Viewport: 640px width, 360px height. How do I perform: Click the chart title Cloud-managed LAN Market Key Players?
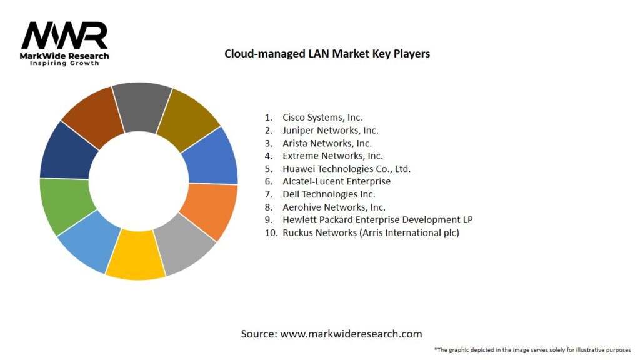pos(327,54)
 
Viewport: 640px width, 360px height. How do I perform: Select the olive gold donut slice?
pos(189,117)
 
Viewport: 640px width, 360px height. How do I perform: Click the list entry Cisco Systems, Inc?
pos(322,117)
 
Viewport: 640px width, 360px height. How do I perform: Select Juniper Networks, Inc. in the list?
pos(330,131)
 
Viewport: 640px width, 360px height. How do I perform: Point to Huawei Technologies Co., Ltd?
pos(346,169)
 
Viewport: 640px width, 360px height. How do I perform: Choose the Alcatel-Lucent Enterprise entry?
pos(336,181)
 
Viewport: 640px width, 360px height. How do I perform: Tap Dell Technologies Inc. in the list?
pos(329,194)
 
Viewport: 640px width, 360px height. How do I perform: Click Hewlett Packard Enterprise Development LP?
pos(377,220)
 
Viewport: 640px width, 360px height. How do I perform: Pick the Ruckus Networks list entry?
pos(371,233)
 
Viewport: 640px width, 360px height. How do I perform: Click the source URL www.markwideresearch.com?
pos(351,334)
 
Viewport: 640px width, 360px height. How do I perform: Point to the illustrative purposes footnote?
pos(532,350)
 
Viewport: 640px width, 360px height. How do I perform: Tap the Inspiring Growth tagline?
pos(64,64)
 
